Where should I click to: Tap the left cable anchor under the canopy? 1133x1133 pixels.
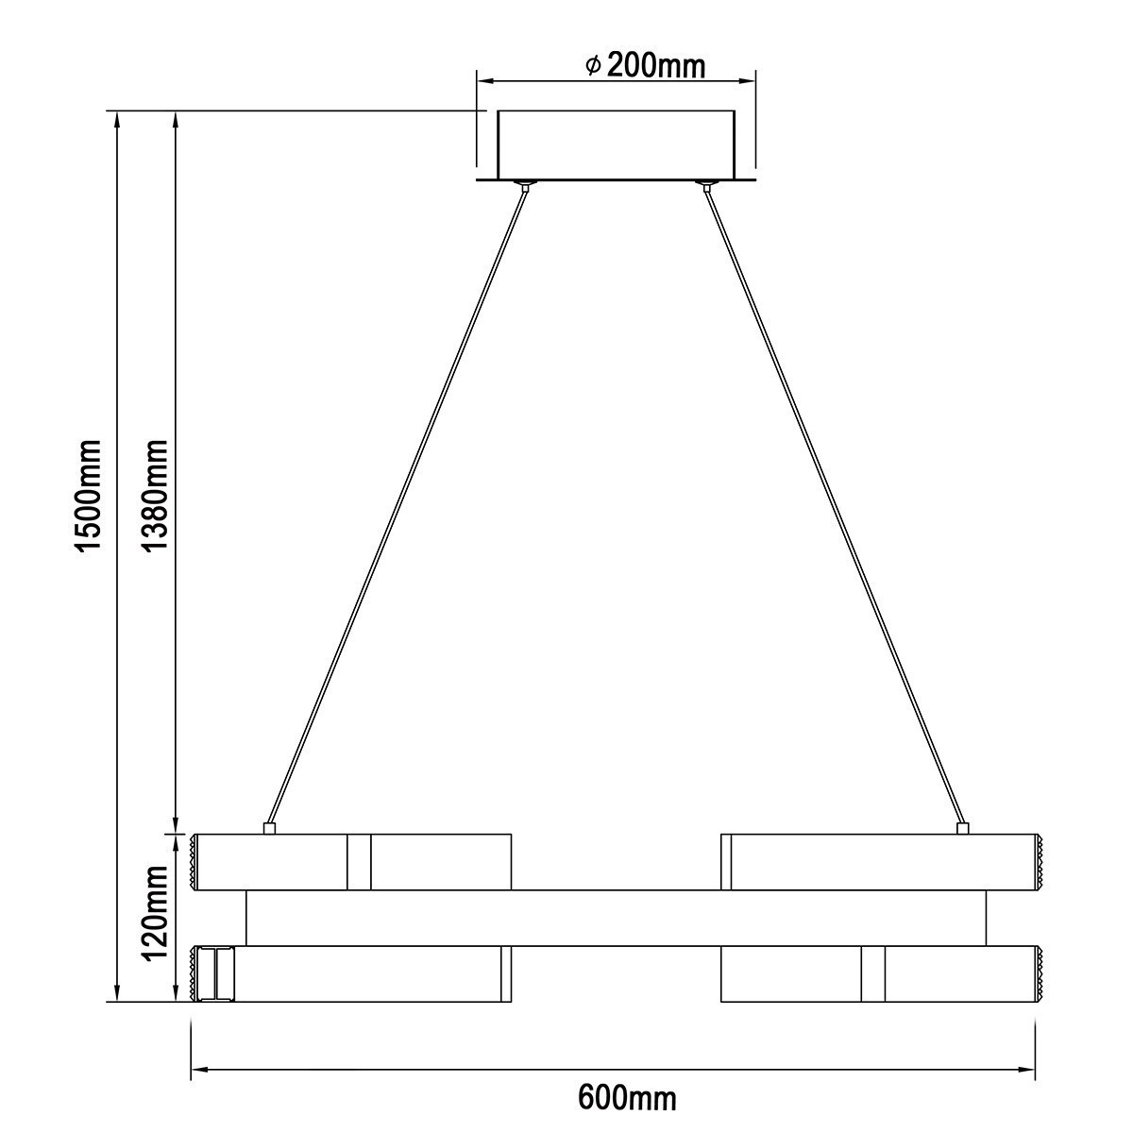pyautogui.click(x=524, y=183)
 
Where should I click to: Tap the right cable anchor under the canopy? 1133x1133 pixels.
pyautogui.click(x=705, y=183)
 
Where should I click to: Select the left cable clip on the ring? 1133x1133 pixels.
pyautogui.click(x=269, y=828)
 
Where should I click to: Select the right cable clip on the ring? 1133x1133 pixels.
pyautogui.click(x=962, y=828)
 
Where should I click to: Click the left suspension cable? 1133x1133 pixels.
pyautogui.click(x=397, y=505)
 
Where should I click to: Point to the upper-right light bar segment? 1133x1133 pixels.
pyautogui.click(x=883, y=861)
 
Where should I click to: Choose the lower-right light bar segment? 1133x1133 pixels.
pyautogui.click(x=883, y=973)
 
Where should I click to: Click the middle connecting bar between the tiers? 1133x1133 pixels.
pyautogui.click(x=616, y=917)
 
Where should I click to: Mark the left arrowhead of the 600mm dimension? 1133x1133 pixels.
pyautogui.click(x=199, y=1070)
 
